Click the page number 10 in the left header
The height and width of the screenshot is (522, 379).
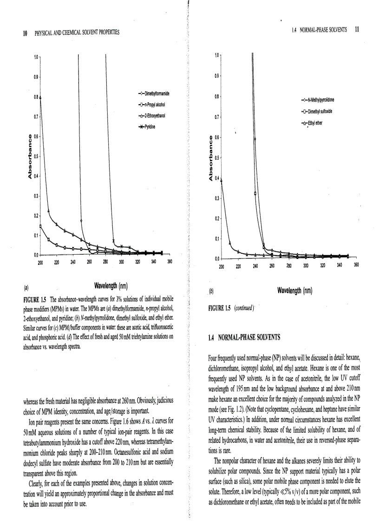click(25, 32)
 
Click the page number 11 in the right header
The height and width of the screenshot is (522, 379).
click(356, 29)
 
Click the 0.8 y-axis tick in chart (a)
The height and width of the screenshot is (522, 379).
click(35, 97)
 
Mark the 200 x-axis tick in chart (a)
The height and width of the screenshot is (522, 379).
click(40, 262)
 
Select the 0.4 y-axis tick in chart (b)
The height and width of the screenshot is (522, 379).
click(216, 178)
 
